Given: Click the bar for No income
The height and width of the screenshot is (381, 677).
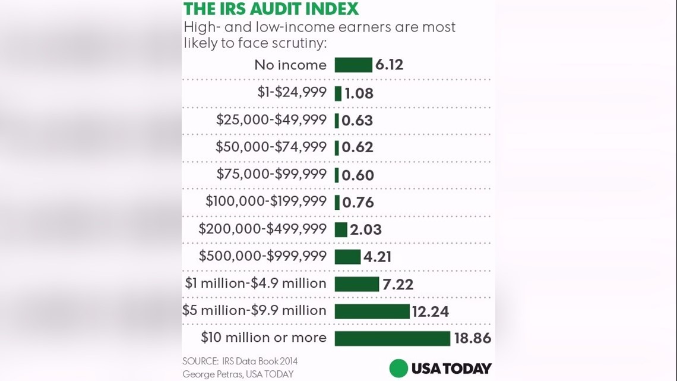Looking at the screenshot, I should [x=353, y=65].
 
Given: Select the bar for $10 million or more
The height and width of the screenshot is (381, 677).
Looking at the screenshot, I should [x=393, y=338].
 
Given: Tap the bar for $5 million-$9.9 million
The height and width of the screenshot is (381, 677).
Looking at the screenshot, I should [x=372, y=311].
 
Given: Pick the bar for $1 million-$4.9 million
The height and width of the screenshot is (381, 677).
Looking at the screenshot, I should [x=357, y=284].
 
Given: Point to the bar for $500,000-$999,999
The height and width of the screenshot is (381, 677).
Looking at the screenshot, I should [x=347, y=256].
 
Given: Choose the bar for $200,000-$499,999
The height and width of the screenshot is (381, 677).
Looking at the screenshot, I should [x=341, y=229].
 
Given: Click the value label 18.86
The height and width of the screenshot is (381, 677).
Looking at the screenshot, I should [x=473, y=339].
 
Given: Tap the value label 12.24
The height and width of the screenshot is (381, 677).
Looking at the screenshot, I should [x=431, y=311].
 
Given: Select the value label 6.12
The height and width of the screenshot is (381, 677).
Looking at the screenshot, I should [x=390, y=65].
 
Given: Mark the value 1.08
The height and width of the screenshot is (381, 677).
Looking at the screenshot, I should [x=359, y=93].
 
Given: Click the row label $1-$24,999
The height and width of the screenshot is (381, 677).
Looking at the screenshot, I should [x=292, y=92].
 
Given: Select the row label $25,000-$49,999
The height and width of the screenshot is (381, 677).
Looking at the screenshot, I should [x=271, y=119].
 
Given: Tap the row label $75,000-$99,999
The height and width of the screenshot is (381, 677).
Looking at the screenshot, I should [x=271, y=174].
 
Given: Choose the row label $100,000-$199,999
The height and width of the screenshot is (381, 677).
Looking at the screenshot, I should [x=266, y=201].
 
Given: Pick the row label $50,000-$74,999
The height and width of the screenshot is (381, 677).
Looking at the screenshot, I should [x=271, y=147].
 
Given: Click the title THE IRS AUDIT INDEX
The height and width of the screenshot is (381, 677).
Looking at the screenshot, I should [x=271, y=9].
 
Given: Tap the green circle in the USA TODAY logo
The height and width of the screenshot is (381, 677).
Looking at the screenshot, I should [x=398, y=369].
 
